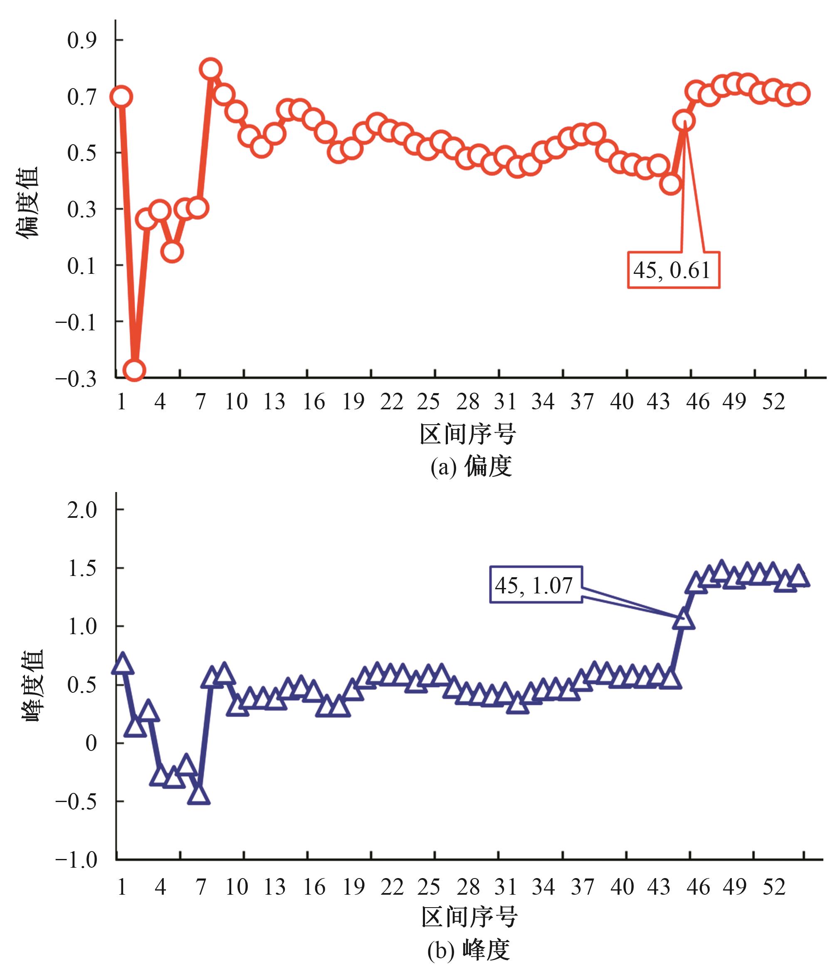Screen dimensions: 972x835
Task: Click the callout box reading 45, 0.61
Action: point(673,270)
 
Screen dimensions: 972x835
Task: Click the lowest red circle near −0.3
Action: point(134,370)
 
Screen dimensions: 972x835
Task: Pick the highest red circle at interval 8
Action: point(211,69)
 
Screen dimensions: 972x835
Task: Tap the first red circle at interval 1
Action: point(121,97)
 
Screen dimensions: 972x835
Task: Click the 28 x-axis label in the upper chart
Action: point(468,401)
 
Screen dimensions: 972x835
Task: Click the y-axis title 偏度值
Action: point(27,203)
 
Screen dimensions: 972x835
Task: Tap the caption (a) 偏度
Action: point(470,466)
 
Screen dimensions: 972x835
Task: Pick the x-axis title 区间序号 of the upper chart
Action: point(467,434)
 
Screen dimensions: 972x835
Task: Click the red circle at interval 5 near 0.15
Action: point(172,251)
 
